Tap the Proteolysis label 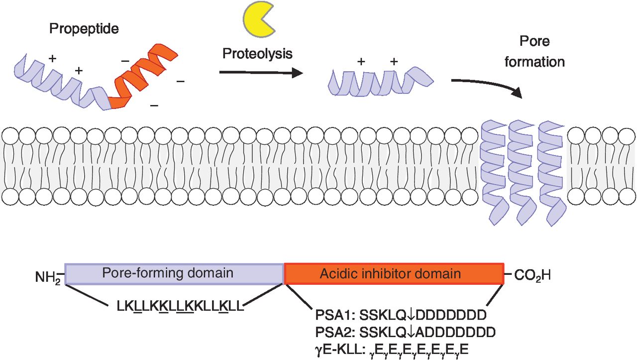pos(257,53)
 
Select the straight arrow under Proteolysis pos(261,73)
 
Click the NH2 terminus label pos(48,275)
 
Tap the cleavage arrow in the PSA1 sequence pos(414,315)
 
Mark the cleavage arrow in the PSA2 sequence pos(414,331)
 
